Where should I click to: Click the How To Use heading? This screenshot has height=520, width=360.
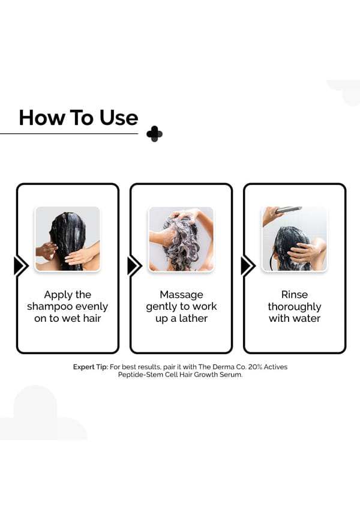(x=79, y=118)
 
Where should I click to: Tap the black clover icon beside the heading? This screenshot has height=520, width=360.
(x=154, y=134)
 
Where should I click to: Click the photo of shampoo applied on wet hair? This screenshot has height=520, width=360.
(x=68, y=239)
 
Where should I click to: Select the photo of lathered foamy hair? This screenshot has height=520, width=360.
(x=181, y=239)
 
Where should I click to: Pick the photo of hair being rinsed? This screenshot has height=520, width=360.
(x=295, y=239)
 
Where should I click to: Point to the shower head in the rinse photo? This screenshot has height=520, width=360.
(x=289, y=210)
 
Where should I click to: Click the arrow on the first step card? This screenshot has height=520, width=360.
(x=21, y=265)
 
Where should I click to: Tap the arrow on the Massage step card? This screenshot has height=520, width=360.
(x=134, y=265)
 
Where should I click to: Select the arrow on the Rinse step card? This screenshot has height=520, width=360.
(x=248, y=265)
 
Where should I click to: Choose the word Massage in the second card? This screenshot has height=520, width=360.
(x=181, y=294)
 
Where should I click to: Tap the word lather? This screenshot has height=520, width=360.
(x=193, y=318)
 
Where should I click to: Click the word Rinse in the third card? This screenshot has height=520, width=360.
(x=295, y=294)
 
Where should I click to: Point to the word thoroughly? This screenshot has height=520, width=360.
(x=295, y=307)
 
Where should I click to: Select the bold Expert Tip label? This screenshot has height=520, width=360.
(x=91, y=367)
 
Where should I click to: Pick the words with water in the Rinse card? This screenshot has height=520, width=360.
(x=295, y=318)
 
